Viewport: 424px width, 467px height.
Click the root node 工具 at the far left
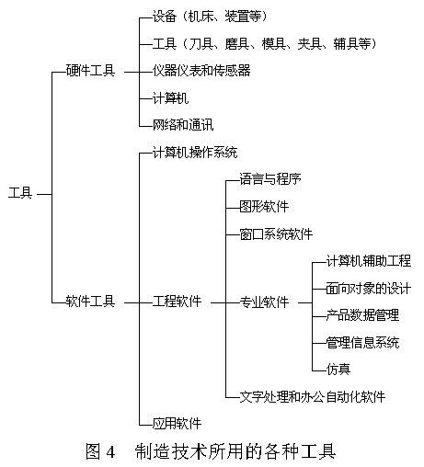pos(20,193)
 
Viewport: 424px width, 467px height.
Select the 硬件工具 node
pos(90,71)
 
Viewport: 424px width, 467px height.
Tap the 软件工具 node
pos(90,302)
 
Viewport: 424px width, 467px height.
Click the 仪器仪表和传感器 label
pos(201,71)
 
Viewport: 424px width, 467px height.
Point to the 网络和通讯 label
pos(183,125)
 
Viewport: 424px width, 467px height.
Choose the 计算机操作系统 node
pos(195,153)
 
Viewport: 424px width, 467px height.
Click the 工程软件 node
pos(177,302)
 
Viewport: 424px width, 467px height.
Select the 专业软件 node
pos(264,302)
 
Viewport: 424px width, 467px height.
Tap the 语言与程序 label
pos(270,179)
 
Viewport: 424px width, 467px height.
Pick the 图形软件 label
pos(264,207)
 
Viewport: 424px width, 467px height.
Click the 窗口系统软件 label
pos(276,234)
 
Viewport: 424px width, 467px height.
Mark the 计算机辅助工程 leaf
pos(369,261)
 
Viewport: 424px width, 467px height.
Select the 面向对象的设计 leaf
pos(369,289)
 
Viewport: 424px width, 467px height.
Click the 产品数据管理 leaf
pos(362,315)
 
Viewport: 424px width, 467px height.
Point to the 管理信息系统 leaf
pos(362,342)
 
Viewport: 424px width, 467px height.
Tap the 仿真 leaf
pos(338,369)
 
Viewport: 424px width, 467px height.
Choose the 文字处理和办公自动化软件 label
pos(312,397)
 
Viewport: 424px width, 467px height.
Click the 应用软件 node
pos(177,424)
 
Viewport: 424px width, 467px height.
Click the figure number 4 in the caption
pos(110,451)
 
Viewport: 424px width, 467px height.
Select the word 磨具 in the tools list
pos(236,44)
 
